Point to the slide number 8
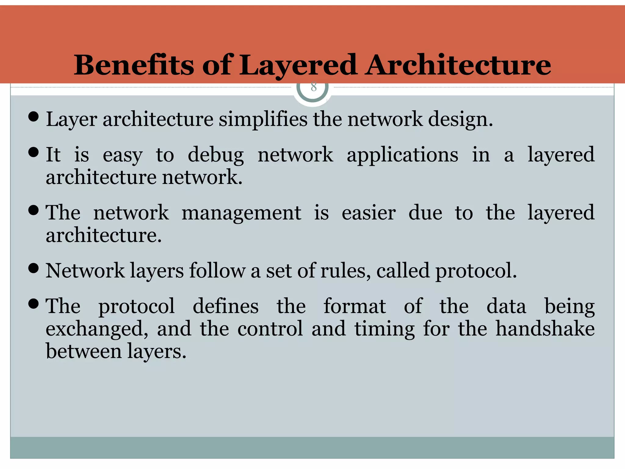click(x=313, y=87)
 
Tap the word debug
click(x=215, y=155)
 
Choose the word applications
click(x=402, y=155)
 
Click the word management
click(x=241, y=213)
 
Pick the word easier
click(x=369, y=213)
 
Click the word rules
click(x=345, y=271)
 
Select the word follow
click(x=217, y=271)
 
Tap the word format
click(x=355, y=306)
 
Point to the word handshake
click(x=545, y=329)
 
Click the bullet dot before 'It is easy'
click(x=33, y=152)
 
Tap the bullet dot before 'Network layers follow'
click(x=33, y=268)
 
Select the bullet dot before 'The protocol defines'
click(x=33, y=304)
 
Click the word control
click(x=270, y=329)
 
